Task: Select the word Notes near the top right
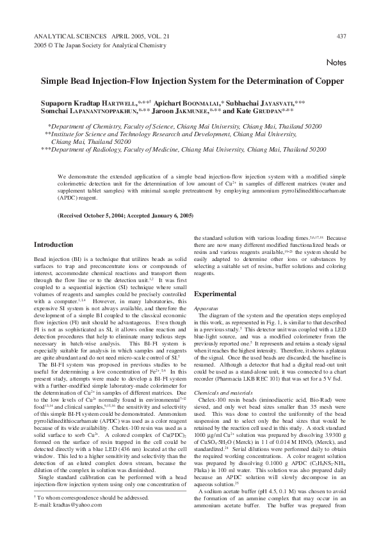(336, 63)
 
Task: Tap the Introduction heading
(53, 244)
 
